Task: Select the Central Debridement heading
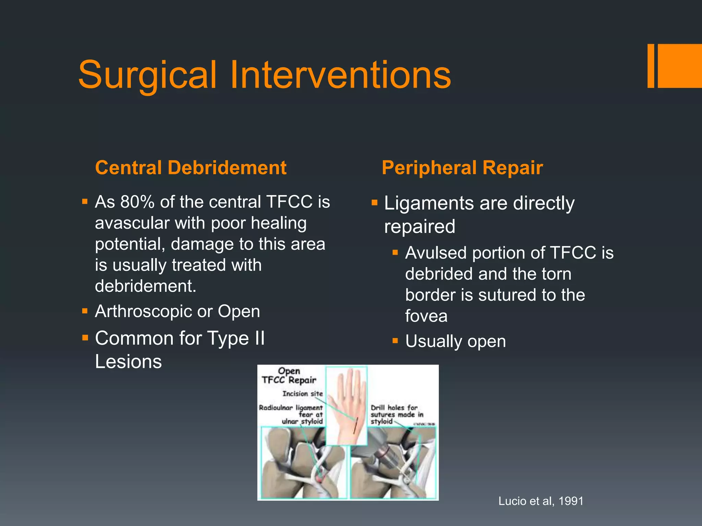[191, 168]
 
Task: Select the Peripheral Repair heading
[462, 168]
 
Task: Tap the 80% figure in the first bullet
[137, 202]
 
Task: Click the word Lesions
[128, 362]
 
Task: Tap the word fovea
[426, 316]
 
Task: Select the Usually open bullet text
[455, 341]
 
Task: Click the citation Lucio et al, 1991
[541, 501]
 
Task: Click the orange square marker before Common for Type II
[85, 338]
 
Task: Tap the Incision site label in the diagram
[302, 394]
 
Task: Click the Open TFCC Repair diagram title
[289, 376]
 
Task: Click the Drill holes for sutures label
[397, 414]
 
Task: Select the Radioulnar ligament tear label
[291, 414]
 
